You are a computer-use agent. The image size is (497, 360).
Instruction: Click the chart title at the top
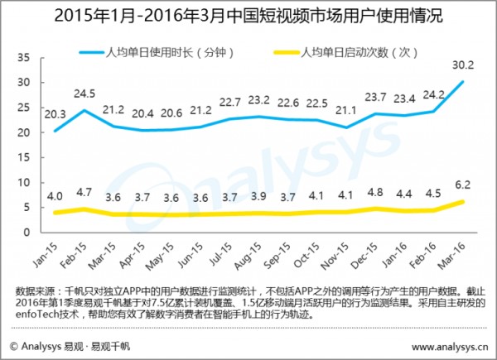point(248,14)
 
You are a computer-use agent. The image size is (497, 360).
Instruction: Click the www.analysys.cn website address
point(451,345)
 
